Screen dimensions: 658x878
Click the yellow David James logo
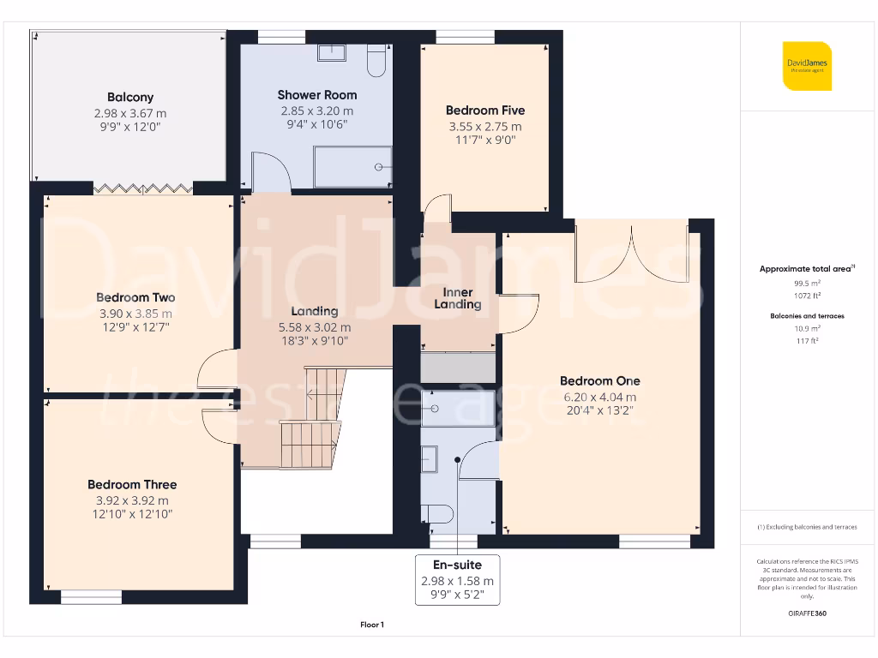806,65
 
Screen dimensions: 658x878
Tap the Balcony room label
130,97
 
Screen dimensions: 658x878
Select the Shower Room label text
316,94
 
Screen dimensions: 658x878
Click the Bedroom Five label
484,110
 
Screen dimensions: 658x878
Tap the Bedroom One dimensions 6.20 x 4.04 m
600,397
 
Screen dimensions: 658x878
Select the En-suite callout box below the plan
457,580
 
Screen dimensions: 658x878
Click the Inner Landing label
458,298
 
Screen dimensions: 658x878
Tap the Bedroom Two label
135,297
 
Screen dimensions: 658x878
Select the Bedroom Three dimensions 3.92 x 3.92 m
132,501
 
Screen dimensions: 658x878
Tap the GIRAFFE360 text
806,613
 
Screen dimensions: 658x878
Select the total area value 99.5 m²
806,282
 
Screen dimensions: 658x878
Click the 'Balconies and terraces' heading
806,316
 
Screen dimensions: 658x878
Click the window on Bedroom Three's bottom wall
90,596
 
